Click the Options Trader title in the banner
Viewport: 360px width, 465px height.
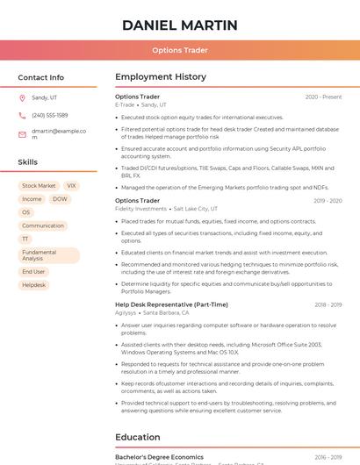(x=179, y=50)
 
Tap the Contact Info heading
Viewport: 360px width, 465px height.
(x=40, y=77)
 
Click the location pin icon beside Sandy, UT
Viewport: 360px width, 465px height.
(x=22, y=97)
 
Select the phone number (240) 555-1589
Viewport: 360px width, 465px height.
(x=49, y=115)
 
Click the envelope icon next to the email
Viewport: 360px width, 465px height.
(x=22, y=134)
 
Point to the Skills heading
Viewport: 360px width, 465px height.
(x=27, y=162)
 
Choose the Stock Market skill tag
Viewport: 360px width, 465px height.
(x=39, y=186)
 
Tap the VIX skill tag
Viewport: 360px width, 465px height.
(x=71, y=186)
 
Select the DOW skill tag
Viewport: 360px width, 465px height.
(x=60, y=199)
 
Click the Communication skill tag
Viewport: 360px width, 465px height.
(x=43, y=225)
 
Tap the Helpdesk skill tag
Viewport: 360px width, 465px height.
(x=33, y=285)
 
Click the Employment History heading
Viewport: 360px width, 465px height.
(x=161, y=77)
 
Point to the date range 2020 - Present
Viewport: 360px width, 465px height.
(x=323, y=97)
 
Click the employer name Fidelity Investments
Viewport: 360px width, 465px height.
(x=140, y=209)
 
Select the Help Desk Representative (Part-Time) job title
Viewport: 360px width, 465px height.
(x=171, y=304)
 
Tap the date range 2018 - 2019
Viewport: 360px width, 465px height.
(x=328, y=304)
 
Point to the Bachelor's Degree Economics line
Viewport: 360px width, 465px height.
(x=159, y=457)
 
